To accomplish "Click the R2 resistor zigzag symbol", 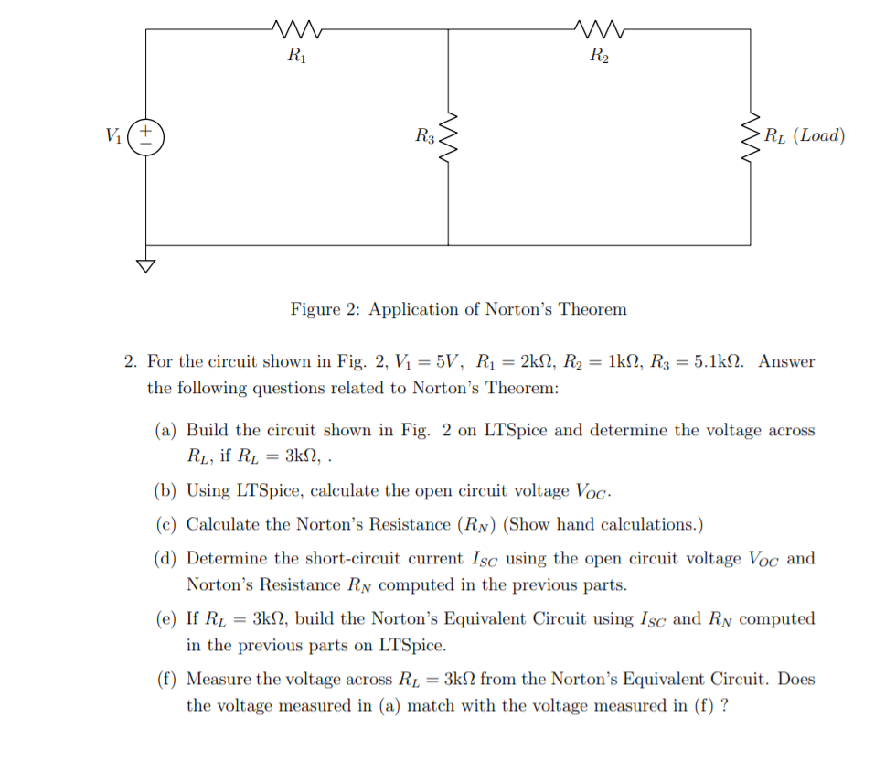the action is [599, 30].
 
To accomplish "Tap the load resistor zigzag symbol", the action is [751, 137].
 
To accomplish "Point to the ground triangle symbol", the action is [146, 267].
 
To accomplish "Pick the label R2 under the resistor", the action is [599, 57].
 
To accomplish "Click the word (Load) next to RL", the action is [819, 136].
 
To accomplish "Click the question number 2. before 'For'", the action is [131, 361].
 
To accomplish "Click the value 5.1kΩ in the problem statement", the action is [713, 361].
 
